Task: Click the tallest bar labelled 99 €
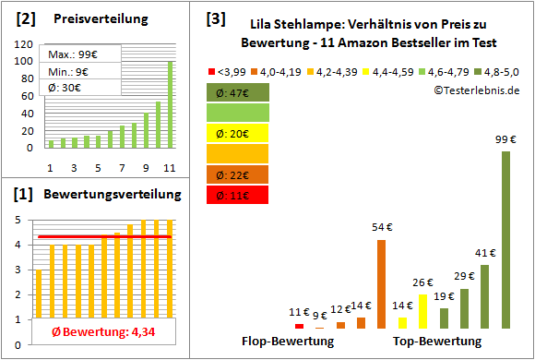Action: click(505, 240)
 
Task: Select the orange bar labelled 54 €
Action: click(381, 284)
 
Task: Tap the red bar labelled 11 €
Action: click(299, 326)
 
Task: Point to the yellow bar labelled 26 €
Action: click(422, 312)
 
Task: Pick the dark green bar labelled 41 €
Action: click(484, 296)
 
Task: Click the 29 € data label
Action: click(464, 275)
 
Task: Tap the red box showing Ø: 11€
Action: click(238, 196)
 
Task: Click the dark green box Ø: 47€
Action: click(238, 93)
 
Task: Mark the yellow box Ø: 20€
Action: click(238, 134)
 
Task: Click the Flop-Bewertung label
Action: click(288, 342)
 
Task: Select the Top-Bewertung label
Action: click(437, 342)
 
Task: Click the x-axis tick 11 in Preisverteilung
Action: click(169, 167)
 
